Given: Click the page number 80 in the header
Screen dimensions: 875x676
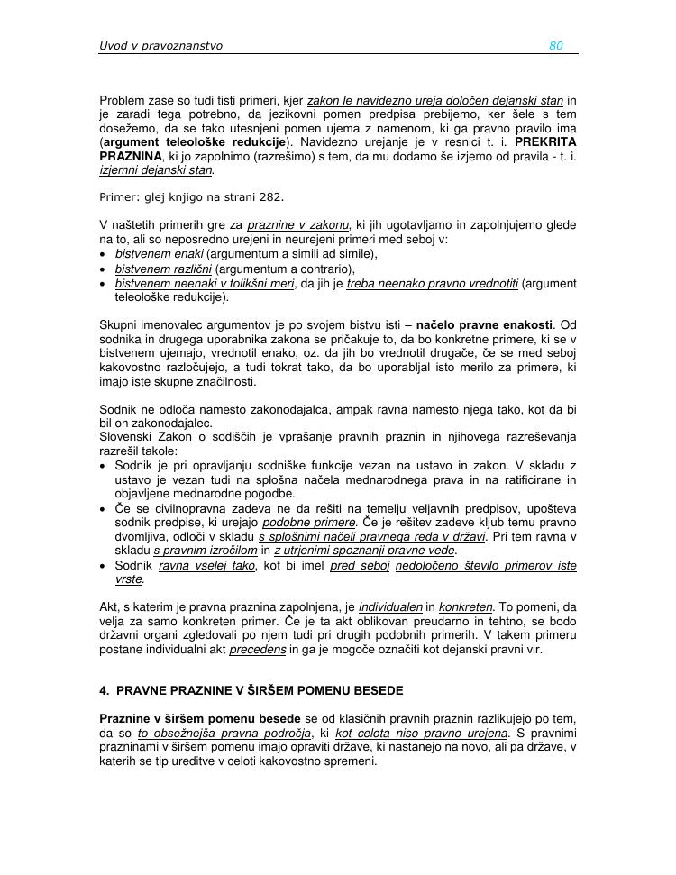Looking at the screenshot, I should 556,46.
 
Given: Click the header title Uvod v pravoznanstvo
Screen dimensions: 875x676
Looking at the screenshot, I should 160,46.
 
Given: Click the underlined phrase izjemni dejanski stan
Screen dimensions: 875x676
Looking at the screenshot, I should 156,169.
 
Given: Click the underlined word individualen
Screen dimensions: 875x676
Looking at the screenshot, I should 390,606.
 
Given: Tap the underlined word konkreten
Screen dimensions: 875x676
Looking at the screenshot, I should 463,606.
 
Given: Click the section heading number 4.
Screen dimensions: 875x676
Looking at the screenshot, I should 104,691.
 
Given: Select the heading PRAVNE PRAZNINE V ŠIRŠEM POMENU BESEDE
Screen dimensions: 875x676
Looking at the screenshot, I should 260,691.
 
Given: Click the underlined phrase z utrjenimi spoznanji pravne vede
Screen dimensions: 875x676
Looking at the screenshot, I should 365,551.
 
